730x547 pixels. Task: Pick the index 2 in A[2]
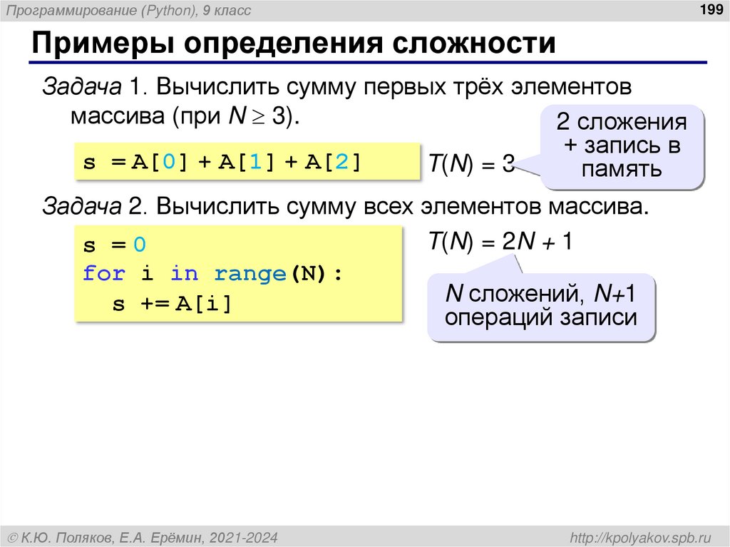coord(341,162)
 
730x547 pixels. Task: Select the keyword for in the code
coord(103,274)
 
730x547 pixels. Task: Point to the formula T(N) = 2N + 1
coord(500,242)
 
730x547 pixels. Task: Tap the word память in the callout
coord(621,169)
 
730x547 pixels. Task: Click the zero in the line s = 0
coord(139,245)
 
